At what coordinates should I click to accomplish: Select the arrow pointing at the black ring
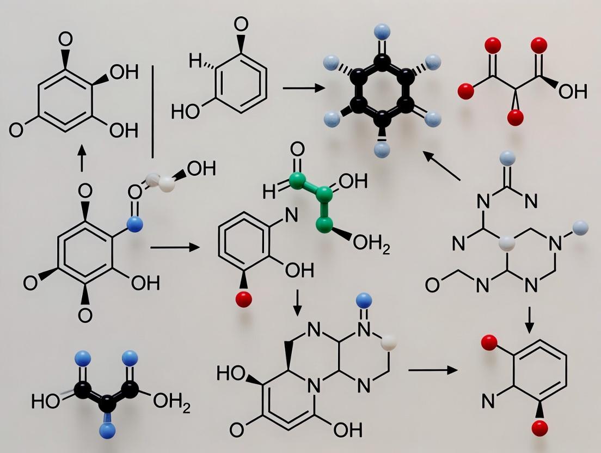[300, 87]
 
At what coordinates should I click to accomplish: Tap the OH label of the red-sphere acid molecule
[572, 91]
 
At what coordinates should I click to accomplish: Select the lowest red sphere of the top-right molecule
[514, 117]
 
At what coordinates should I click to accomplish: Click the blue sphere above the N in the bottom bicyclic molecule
[364, 299]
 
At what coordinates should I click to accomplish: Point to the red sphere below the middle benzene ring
[244, 298]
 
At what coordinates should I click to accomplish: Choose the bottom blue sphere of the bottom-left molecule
[108, 431]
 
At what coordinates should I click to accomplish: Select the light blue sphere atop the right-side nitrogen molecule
[506, 159]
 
